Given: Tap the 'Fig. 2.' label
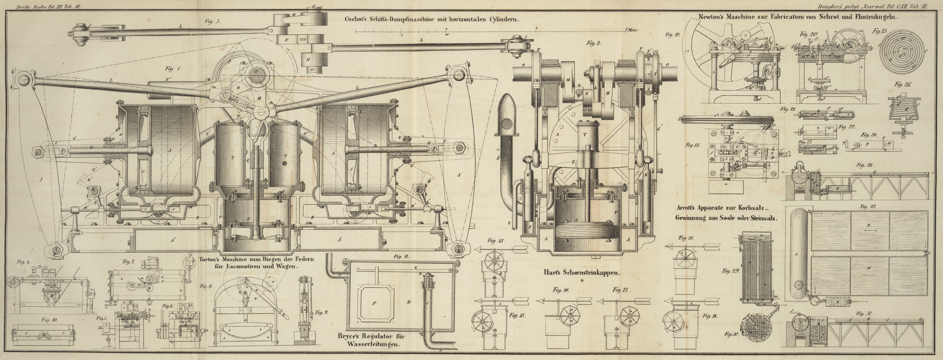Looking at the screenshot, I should coord(594,43).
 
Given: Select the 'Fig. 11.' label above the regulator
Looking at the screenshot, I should coord(402,256).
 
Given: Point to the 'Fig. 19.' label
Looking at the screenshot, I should coord(673,35).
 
